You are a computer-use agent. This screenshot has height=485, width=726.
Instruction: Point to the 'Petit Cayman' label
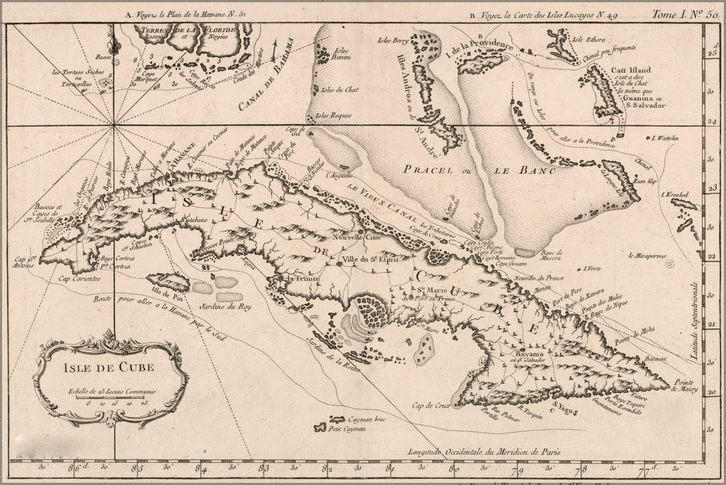347,430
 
